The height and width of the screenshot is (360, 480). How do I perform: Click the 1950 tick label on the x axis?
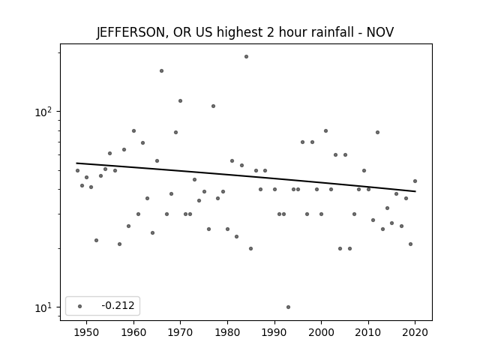(x=87, y=332)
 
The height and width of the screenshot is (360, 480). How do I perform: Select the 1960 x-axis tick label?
(x=133, y=332)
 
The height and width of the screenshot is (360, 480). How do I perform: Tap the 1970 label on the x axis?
(x=180, y=332)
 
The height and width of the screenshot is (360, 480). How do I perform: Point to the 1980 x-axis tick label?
(x=227, y=332)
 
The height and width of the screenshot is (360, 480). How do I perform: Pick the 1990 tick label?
(x=274, y=332)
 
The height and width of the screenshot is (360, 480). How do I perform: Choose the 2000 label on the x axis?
(x=321, y=332)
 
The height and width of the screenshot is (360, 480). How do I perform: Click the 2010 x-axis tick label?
(x=368, y=332)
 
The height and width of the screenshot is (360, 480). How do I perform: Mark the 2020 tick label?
(x=415, y=332)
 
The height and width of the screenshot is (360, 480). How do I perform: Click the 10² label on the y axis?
(x=43, y=112)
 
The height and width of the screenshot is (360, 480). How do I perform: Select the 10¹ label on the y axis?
(x=43, y=307)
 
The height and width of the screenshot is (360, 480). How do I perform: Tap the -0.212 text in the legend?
(x=118, y=305)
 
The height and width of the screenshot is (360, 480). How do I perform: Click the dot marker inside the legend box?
(x=80, y=306)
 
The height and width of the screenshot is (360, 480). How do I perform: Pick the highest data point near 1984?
(x=246, y=57)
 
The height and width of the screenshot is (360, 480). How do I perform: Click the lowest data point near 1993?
(x=288, y=307)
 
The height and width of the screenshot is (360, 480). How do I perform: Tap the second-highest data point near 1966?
(x=162, y=70)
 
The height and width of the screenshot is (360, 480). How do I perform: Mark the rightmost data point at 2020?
(x=415, y=181)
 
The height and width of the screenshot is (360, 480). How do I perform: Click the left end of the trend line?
(x=76, y=163)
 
